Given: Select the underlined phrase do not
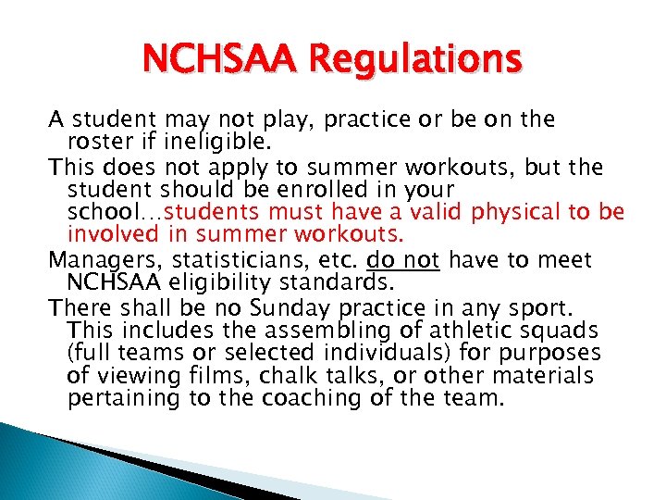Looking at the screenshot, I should click(x=403, y=259).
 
